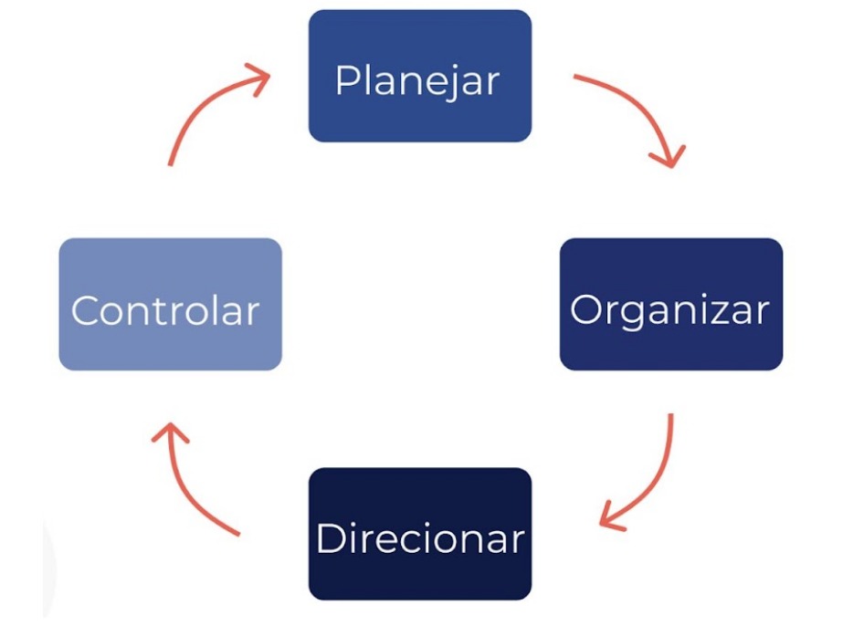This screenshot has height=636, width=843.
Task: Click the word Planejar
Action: coord(417,81)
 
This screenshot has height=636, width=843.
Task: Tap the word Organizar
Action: coord(669,310)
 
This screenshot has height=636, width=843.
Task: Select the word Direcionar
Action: coord(420,538)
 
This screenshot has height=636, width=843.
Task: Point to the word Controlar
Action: coord(165,311)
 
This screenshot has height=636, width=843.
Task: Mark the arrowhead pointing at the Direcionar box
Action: coord(612,520)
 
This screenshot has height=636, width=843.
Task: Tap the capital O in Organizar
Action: coord(586,310)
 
